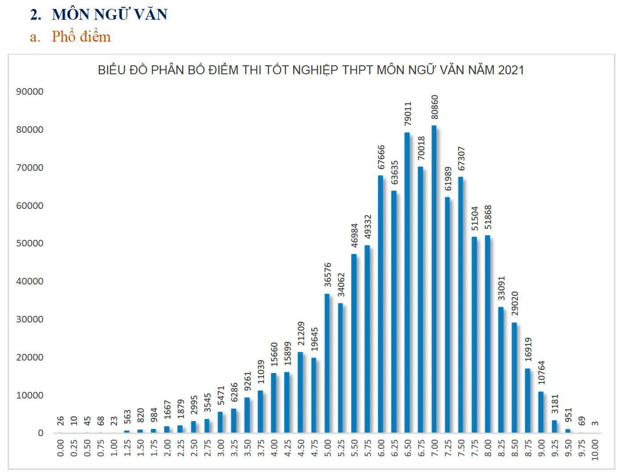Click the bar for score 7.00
434,279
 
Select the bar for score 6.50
407,283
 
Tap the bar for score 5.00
327,363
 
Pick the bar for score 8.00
487,334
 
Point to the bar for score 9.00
541,412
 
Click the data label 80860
435,107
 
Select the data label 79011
408,115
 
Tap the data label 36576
328,275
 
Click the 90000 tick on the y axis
29,92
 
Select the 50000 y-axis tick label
29,243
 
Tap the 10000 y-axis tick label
29,395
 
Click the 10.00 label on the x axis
595,450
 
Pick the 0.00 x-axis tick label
61,448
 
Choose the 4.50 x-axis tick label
301,448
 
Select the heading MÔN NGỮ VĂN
109,14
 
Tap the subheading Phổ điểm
81,36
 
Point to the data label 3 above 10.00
595,423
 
